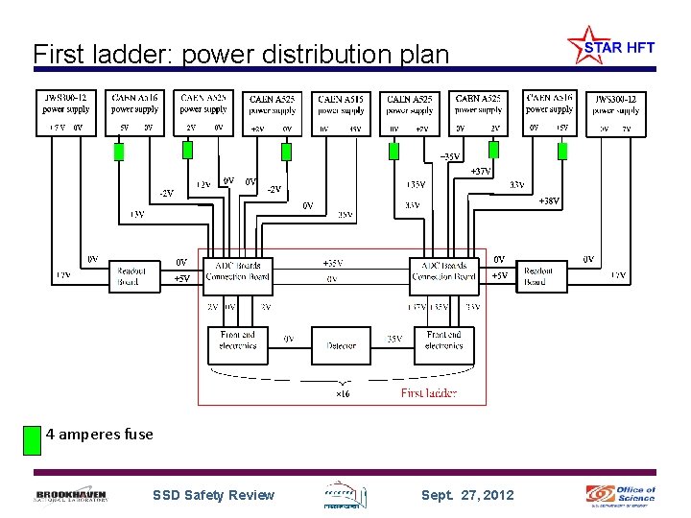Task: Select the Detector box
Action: pyautogui.click(x=341, y=345)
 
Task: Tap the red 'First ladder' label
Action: pyautogui.click(x=428, y=392)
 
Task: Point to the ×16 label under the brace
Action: pyautogui.click(x=342, y=393)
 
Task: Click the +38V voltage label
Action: pyautogui.click(x=548, y=201)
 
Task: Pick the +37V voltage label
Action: pyautogui.click(x=480, y=172)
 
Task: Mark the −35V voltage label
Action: pyautogui.click(x=449, y=156)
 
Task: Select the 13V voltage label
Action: pyautogui.click(x=137, y=215)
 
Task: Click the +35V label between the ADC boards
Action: pyautogui.click(x=332, y=263)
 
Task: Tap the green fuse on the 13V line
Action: pyautogui.click(x=119, y=151)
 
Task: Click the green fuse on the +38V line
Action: pyautogui.click(x=562, y=151)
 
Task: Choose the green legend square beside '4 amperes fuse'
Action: pyautogui.click(x=32, y=438)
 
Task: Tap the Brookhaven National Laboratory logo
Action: pyautogui.click(x=72, y=495)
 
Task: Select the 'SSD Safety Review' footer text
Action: pyautogui.click(x=213, y=495)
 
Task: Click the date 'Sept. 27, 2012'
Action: pyautogui.click(x=467, y=495)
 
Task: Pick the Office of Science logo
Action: pyautogui.click(x=622, y=495)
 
